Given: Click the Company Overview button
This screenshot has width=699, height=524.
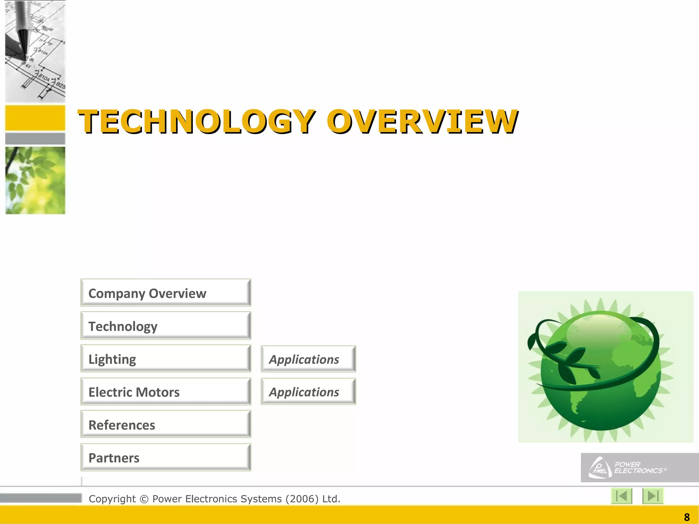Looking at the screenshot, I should pos(166,293).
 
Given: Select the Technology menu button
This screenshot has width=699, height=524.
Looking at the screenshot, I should pos(166,326).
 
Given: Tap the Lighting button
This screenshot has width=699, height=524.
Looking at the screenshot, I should pos(166,359).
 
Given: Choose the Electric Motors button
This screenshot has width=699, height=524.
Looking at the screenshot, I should pos(166,392).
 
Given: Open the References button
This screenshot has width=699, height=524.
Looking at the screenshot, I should pos(166,424).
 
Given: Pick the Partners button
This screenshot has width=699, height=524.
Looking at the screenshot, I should pos(166,457).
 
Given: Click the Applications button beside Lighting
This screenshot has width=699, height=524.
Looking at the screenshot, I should pos(308,359).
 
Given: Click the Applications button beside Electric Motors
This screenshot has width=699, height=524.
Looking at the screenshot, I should pos(308,392).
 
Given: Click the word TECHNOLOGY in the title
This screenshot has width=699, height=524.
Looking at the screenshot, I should pos(197,121).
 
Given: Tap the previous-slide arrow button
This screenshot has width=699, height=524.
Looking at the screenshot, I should pos(622,496).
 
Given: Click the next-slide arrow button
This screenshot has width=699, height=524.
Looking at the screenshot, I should pos(653,496).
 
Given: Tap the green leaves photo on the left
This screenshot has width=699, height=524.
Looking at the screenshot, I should pos(35,180).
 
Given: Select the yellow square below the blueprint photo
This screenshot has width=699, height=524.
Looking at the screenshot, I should pos(35,118).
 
